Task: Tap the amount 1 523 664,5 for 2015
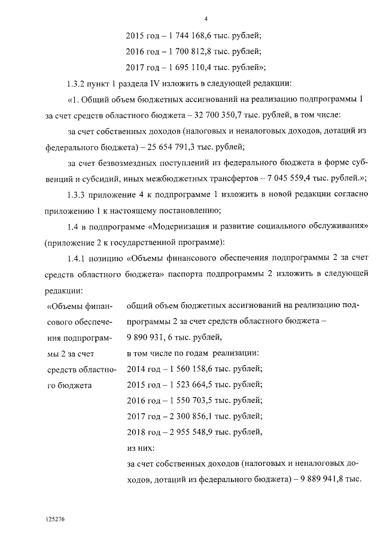[182, 384]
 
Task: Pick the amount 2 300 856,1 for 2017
[182, 416]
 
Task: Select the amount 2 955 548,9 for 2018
[182, 431]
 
